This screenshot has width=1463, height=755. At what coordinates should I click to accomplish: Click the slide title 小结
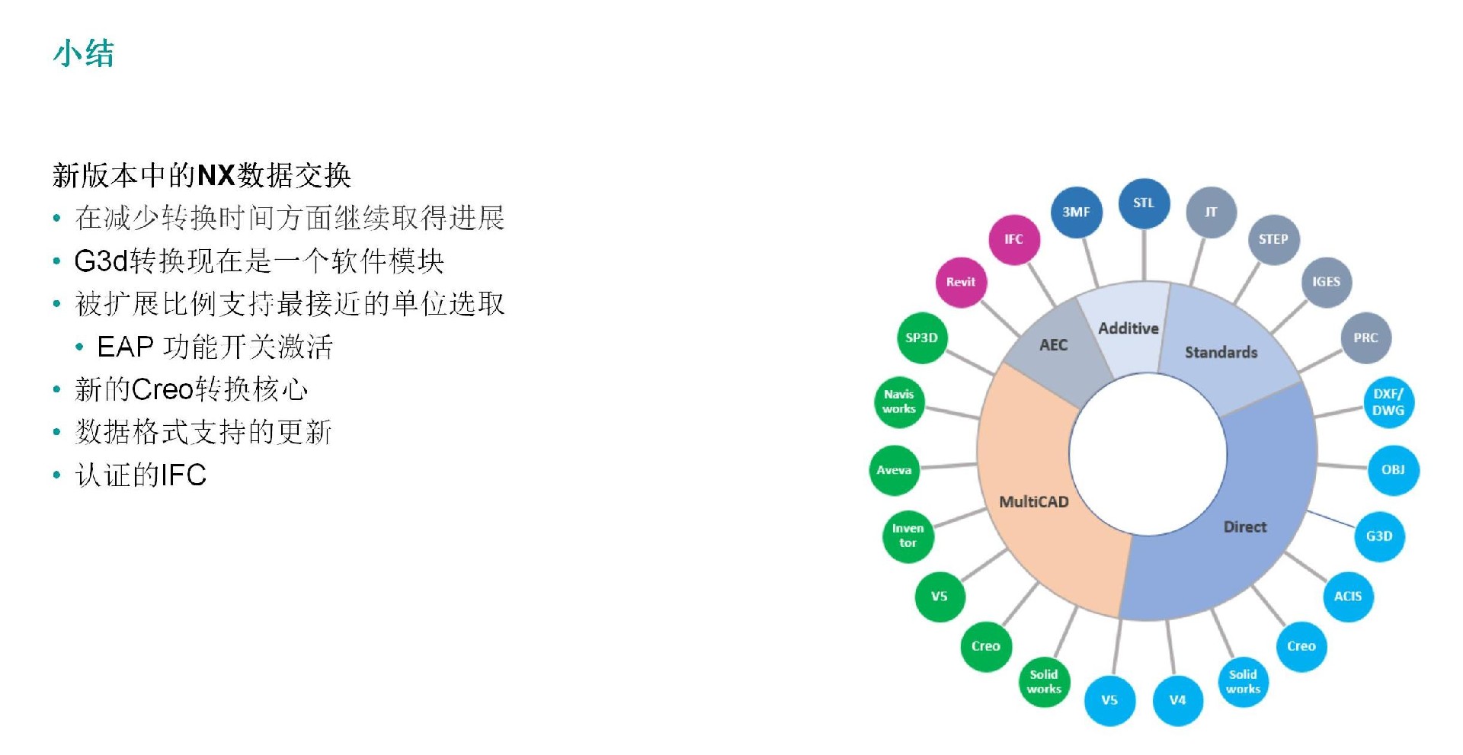[x=84, y=54]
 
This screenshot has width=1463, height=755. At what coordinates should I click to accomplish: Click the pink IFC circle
[x=1013, y=239]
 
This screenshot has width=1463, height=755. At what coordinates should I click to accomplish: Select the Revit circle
[x=961, y=282]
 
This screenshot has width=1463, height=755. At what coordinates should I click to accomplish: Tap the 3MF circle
[x=1076, y=212]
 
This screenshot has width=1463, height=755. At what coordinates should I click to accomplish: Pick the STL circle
[x=1144, y=203]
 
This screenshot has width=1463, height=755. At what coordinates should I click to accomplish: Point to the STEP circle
[x=1273, y=239]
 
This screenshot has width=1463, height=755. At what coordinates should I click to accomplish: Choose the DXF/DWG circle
[x=1388, y=402]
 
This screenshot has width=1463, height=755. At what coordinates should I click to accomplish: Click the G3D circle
[x=1379, y=536]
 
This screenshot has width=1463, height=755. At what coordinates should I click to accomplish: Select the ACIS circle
[x=1348, y=597]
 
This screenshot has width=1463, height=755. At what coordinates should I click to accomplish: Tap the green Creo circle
[x=986, y=646]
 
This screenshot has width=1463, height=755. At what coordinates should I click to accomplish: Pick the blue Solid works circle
[x=1244, y=682]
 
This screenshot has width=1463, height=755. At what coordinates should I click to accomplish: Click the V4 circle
[x=1178, y=700]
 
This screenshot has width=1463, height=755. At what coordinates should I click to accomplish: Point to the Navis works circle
[x=899, y=401]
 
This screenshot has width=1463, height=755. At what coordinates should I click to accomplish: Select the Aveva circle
[x=895, y=470]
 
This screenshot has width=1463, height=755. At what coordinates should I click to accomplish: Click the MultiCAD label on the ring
[x=1034, y=502]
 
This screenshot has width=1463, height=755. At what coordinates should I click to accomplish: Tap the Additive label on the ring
[x=1128, y=328]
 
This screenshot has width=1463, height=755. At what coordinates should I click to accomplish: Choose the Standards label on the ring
[x=1221, y=352]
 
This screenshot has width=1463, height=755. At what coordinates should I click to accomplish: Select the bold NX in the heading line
[x=216, y=176]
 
